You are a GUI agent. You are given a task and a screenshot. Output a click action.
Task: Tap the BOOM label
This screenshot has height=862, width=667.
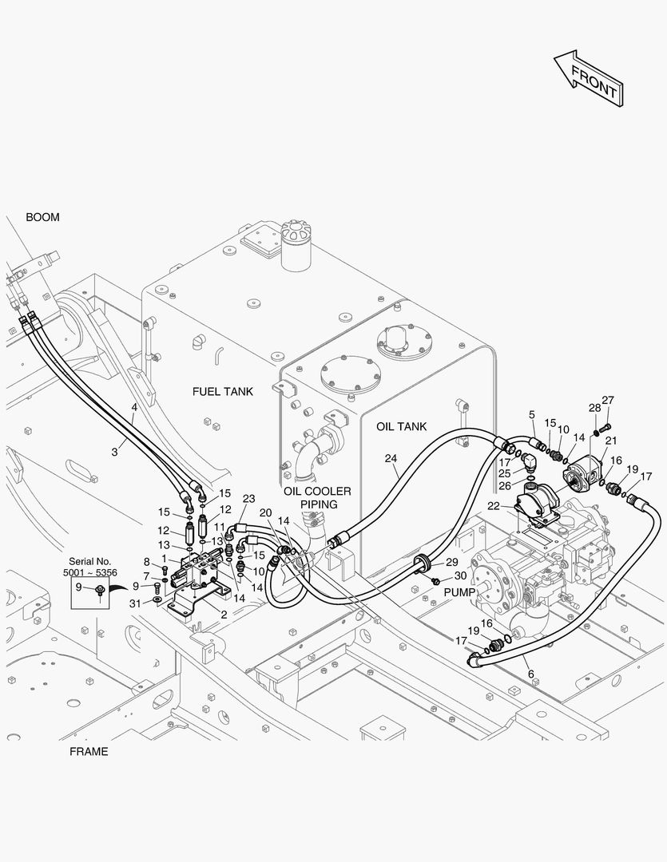tap(42, 217)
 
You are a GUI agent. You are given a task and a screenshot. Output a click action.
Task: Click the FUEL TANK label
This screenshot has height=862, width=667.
tap(222, 391)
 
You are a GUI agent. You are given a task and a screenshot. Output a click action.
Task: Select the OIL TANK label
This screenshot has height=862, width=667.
tap(401, 426)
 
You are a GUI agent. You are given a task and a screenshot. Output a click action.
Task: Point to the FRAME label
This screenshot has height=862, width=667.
tap(89, 752)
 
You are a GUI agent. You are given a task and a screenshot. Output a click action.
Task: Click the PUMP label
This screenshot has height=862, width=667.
tap(459, 592)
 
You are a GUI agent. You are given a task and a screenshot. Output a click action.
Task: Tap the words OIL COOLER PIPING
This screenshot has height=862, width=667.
tap(318, 497)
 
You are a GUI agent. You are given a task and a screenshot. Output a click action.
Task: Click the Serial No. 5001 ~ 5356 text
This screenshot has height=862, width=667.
tap(89, 567)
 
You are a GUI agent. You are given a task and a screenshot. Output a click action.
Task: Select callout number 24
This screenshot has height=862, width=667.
tap(391, 458)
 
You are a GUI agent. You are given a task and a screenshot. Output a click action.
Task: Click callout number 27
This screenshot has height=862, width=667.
tap(608, 400)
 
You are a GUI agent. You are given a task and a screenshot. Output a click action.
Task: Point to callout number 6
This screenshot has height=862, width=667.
tap(530, 674)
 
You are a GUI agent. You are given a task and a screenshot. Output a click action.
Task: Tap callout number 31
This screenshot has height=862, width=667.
tap(135, 603)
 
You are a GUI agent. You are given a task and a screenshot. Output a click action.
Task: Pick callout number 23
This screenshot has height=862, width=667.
tap(248, 499)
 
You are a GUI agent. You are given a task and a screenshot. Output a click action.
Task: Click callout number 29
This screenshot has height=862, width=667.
tap(452, 562)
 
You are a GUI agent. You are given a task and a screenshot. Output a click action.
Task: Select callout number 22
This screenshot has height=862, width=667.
tap(493, 506)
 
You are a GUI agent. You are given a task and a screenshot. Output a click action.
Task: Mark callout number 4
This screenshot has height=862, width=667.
tap(133, 407)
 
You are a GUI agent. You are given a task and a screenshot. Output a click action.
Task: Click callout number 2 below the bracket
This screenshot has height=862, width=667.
tap(224, 615)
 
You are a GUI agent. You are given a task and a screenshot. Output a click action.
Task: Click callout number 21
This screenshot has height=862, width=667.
tap(611, 441)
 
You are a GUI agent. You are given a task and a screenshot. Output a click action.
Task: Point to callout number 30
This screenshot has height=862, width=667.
tap(461, 575)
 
